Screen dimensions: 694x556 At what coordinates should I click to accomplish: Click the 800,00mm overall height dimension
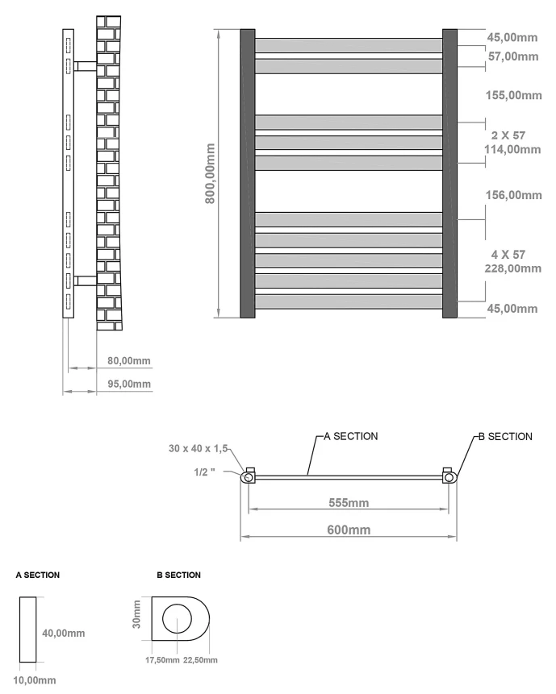click(210, 173)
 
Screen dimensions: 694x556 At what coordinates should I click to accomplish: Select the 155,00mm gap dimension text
click(514, 95)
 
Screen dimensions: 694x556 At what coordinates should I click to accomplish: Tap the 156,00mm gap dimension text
click(514, 195)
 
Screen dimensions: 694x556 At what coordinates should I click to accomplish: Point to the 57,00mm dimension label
click(514, 56)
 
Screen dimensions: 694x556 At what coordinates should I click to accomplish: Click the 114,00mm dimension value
click(514, 149)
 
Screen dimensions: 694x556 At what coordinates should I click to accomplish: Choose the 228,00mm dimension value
click(514, 268)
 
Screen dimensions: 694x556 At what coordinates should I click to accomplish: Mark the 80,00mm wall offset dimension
click(128, 361)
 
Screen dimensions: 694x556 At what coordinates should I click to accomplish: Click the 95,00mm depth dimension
click(128, 384)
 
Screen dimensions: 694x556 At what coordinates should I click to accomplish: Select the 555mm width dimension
click(348, 503)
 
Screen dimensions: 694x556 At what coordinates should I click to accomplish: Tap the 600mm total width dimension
click(349, 530)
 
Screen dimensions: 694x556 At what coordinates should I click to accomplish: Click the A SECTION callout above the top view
click(350, 436)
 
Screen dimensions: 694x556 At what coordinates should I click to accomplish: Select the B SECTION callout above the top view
click(505, 436)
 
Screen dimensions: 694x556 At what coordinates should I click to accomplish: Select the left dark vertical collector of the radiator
click(248, 173)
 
